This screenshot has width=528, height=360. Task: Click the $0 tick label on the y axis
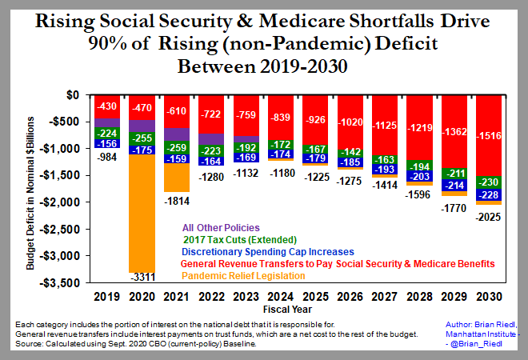tap(72, 94)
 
